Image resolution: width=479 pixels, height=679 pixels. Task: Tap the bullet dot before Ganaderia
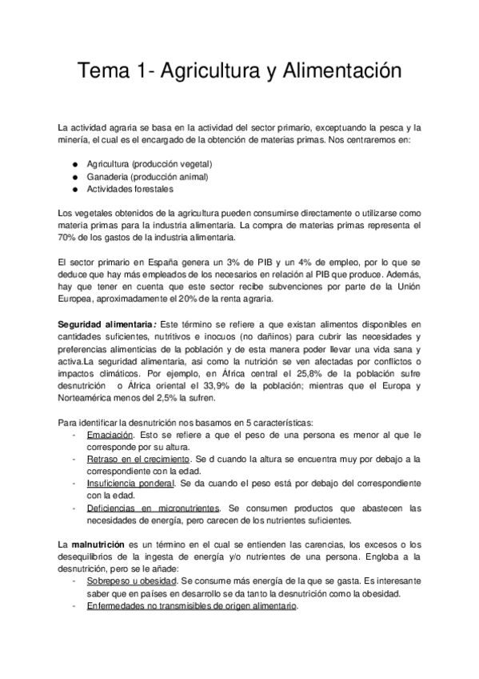pyautogui.click(x=74, y=176)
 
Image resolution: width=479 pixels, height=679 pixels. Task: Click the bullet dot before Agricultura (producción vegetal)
pyautogui.click(x=74, y=163)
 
